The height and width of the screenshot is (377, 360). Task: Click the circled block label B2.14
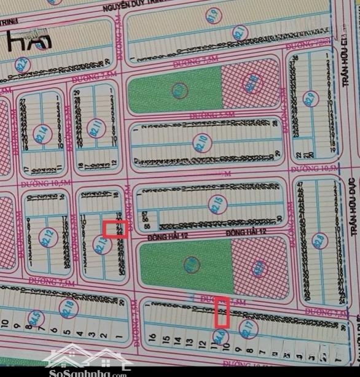42,130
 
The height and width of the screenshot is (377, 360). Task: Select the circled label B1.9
213,14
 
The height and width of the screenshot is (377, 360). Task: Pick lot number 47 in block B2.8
300,185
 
